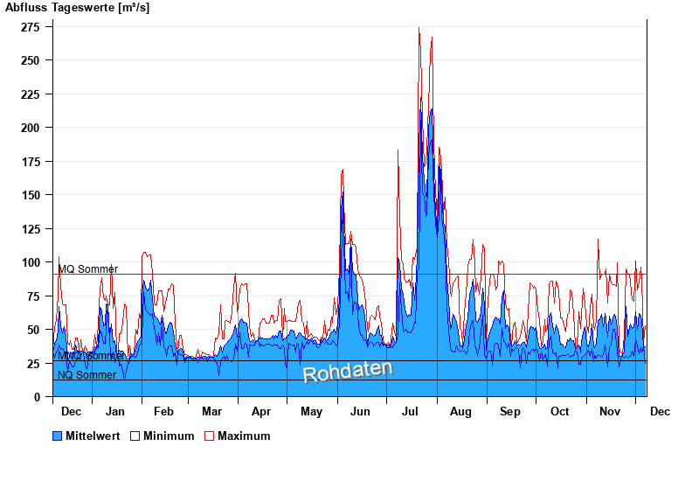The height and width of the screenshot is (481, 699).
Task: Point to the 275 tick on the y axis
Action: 31,27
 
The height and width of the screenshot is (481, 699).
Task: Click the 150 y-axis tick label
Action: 31,195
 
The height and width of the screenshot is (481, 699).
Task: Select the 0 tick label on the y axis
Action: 38,397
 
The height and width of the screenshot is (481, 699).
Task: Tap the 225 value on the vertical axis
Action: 31,94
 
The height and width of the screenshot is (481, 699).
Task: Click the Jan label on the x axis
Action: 114,412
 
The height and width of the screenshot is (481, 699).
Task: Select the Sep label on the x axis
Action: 510,412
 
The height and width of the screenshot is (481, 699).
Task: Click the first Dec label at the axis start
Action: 71,412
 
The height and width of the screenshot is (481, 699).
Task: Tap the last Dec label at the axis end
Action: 660,412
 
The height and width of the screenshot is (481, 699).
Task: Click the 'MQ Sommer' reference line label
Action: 87,269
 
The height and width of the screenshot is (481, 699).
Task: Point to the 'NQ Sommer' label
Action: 87,375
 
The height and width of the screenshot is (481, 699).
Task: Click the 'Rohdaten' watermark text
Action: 348,372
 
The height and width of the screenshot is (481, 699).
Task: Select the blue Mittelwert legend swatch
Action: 58,436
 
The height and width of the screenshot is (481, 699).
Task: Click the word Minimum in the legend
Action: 169,436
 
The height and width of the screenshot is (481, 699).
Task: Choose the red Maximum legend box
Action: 210,436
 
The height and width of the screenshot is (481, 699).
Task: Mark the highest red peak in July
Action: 419,29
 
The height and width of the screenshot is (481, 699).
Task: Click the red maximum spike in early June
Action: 343,170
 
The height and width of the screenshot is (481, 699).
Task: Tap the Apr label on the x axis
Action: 261,412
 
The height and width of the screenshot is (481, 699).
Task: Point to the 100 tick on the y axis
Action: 31,262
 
